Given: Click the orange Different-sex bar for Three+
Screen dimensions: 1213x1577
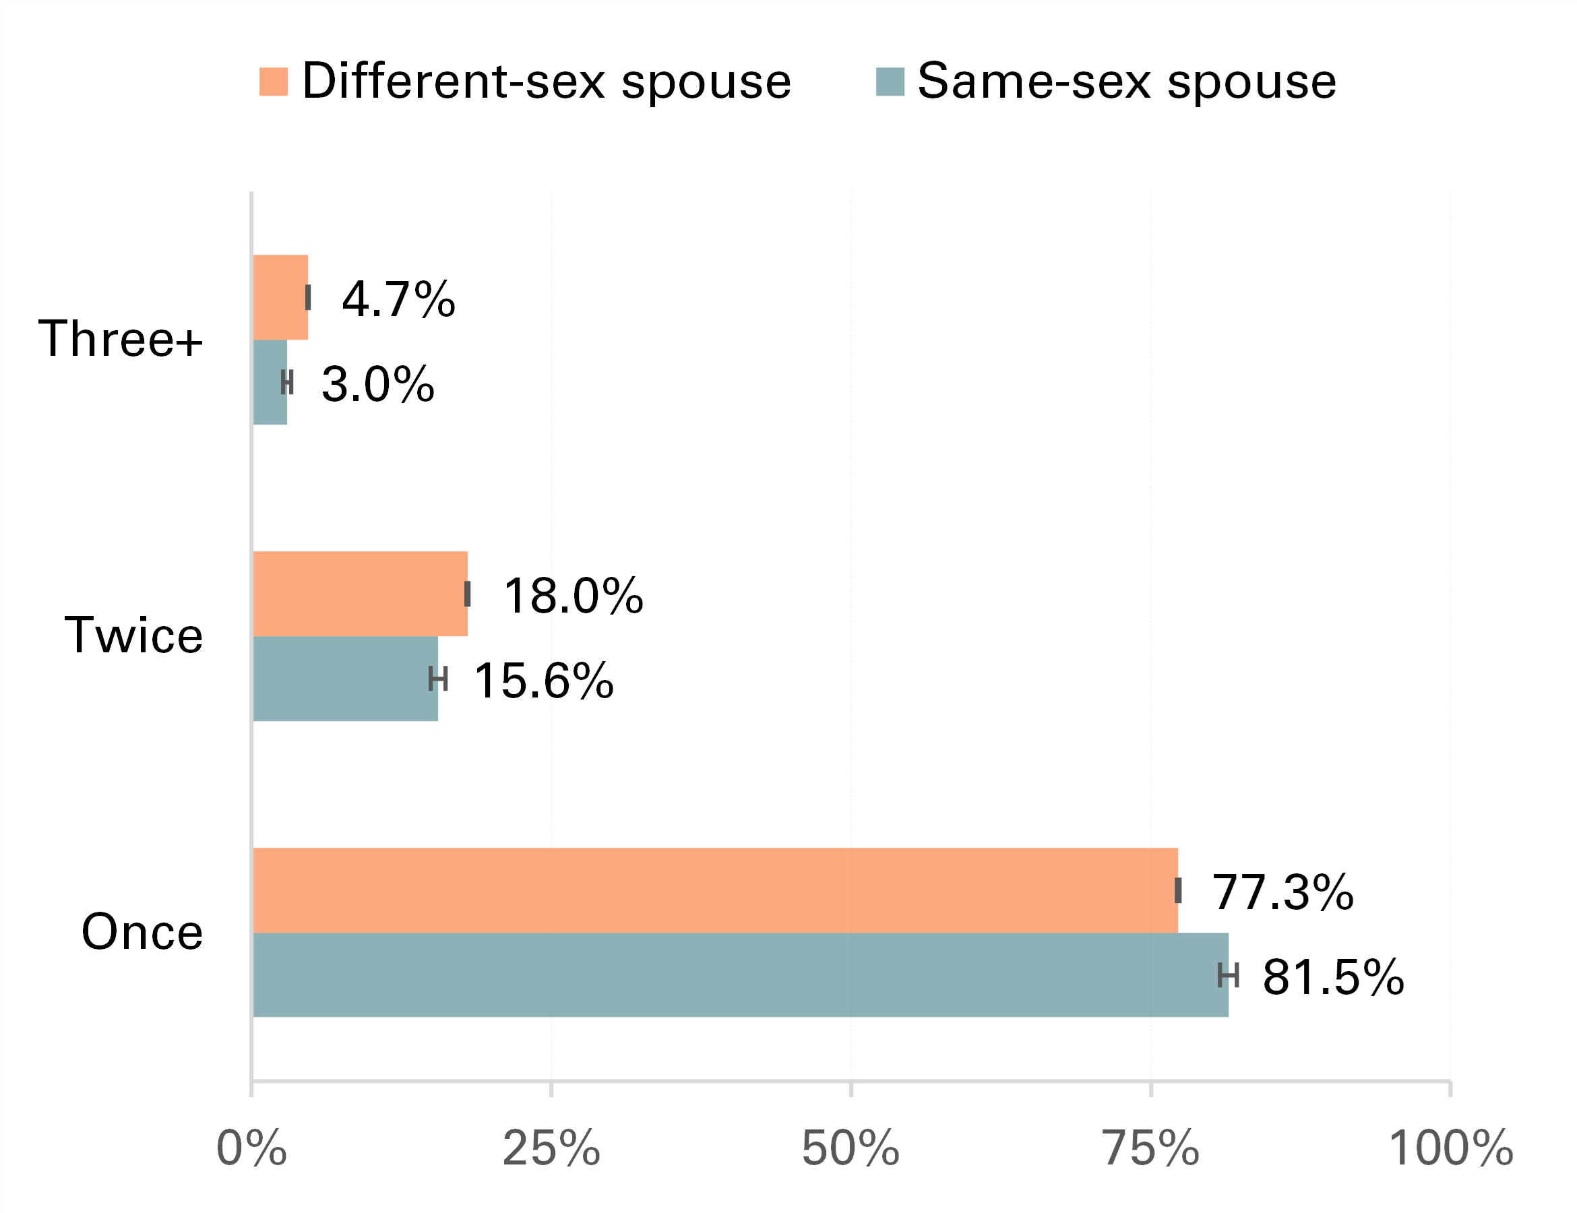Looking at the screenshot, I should coord(280,297).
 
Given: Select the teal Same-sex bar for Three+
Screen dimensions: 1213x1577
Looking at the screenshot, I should coord(270,382).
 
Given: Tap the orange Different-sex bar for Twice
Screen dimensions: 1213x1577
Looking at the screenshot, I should coord(361,594).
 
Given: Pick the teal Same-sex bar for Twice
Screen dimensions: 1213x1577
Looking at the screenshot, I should coord(345,679).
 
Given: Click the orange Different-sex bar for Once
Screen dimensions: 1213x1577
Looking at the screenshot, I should coord(715,890).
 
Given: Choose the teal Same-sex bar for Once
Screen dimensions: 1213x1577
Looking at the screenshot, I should coord(740,974).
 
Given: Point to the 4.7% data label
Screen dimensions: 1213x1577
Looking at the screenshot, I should coord(398,299).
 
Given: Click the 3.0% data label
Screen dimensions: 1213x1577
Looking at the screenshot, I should coord(377,384).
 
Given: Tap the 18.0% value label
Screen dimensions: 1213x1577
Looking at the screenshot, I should coord(573,596).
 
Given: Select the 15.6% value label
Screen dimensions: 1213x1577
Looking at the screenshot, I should coord(543,681).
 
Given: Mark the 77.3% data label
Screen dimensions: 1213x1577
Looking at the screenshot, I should coord(1282,892).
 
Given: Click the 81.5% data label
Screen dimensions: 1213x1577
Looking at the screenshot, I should coord(1333,978).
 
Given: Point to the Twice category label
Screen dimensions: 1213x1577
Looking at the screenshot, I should coord(133,635).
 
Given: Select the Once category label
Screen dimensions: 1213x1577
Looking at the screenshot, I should coord(142,932).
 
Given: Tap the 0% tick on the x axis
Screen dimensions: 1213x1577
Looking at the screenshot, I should coord(251,1149).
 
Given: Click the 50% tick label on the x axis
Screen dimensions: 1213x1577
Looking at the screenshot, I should coord(851,1149).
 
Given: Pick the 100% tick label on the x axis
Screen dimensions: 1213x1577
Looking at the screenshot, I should coord(1450,1149).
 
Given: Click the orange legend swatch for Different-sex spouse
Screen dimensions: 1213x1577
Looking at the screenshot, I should coord(274,82).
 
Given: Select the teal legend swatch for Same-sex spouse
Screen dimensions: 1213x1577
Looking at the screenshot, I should coord(890,82).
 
